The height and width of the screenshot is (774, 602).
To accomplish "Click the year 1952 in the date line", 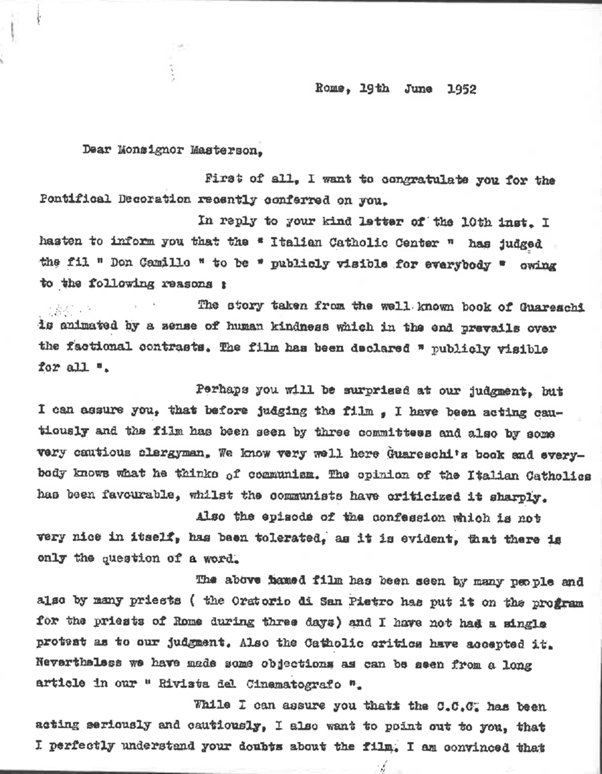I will [x=461, y=90].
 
